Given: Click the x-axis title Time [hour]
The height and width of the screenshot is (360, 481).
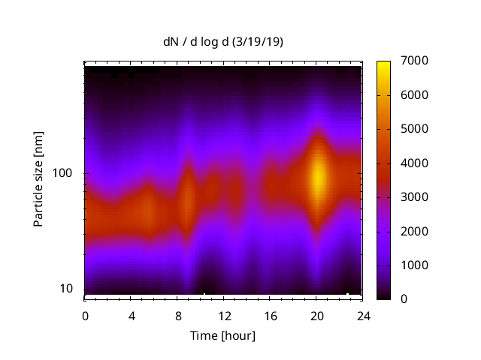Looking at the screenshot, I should click(222, 335).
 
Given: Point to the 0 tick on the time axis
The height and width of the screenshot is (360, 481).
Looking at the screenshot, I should click(85, 316).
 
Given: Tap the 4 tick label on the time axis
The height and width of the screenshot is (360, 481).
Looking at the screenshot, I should click(131, 316).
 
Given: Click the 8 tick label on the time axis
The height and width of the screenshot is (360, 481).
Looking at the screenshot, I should click(177, 316).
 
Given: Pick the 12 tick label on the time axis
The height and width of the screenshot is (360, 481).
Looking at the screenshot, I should click(223, 316).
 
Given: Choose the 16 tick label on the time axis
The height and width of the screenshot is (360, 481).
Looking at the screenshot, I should click(270, 316).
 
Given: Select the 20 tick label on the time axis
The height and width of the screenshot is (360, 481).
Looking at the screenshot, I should click(316, 316).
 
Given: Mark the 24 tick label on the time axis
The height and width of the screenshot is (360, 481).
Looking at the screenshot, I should click(362, 316).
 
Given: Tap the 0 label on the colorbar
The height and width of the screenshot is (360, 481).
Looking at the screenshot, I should click(405, 298).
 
